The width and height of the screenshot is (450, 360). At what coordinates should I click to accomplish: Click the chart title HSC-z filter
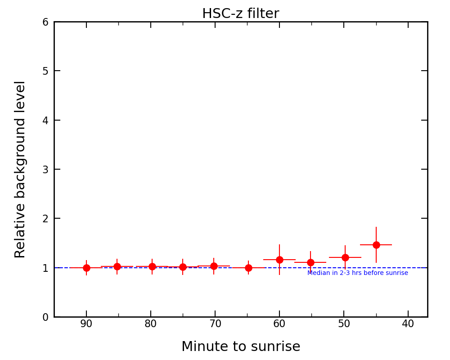coord(240,14)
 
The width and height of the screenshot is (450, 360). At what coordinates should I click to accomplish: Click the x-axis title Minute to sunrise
coord(241,347)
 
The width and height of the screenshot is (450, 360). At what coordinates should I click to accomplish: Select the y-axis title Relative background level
coord(20,169)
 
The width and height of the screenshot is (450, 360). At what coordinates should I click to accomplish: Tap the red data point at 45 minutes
coord(376,245)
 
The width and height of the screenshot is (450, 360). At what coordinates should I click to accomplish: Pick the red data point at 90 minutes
coord(86,268)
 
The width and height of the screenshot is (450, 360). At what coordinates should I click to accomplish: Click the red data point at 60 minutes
coord(279,260)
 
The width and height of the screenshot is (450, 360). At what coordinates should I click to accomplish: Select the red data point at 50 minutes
coord(345,257)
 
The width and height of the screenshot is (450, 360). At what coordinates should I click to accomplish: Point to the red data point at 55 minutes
coord(310,262)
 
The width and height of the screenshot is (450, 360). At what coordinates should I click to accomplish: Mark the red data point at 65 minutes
coord(248,268)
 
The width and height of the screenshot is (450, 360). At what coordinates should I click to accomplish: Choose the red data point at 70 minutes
coord(214,266)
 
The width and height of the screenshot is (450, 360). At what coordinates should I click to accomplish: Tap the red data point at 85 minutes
coord(117,266)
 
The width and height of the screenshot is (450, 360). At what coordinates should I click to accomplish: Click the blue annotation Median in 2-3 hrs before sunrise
coord(358,273)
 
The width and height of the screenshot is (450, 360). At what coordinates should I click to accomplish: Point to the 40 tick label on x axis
coord(408,324)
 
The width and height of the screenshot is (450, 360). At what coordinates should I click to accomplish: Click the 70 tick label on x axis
coord(215,324)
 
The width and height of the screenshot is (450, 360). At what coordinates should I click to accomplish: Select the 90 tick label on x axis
coord(86,324)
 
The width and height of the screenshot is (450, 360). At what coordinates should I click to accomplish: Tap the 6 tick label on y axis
coord(45,22)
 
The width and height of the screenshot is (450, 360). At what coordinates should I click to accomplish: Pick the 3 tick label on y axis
coord(45,170)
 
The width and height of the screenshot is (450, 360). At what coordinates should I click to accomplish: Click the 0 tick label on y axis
coord(45,317)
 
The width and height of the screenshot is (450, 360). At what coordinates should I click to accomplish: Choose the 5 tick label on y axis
coord(45,71)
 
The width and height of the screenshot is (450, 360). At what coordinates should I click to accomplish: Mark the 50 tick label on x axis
coord(344,324)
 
